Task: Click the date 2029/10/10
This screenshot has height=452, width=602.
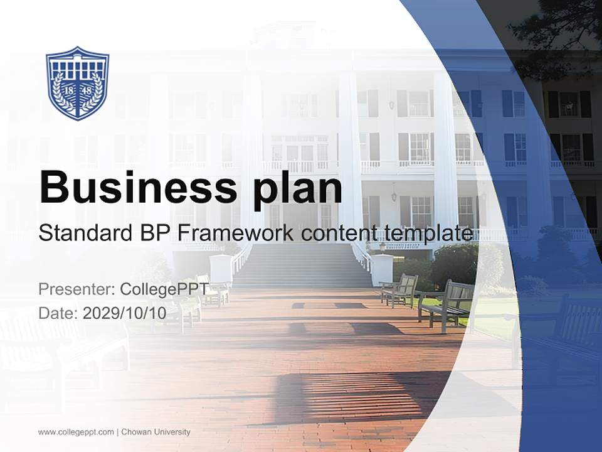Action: pos(125,313)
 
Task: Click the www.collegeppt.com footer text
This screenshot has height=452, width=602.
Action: pos(75,432)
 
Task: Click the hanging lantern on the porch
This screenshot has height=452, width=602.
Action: pos(393,193)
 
